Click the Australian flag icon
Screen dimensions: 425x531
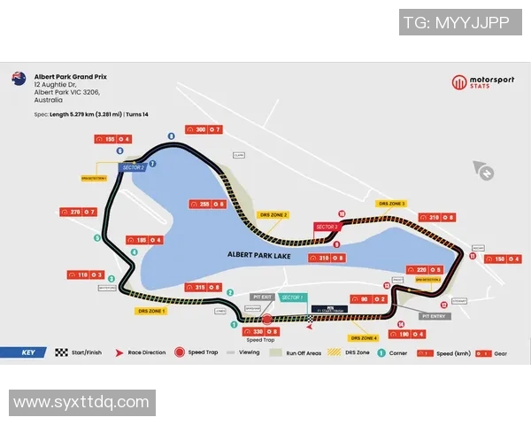click(18, 79)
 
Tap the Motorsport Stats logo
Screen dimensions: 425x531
click(482, 82)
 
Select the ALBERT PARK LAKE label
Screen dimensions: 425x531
click(258, 255)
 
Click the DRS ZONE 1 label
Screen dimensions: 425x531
click(152, 311)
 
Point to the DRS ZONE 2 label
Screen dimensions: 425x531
click(273, 214)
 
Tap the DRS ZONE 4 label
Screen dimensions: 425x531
click(363, 337)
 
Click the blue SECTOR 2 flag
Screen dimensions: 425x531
click(133, 167)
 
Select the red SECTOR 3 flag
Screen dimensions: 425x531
click(327, 227)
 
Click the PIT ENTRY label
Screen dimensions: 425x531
click(436, 315)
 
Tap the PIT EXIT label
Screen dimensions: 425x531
click(261, 297)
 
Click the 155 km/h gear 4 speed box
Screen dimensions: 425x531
click(117, 139)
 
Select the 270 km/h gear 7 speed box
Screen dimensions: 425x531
click(77, 212)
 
